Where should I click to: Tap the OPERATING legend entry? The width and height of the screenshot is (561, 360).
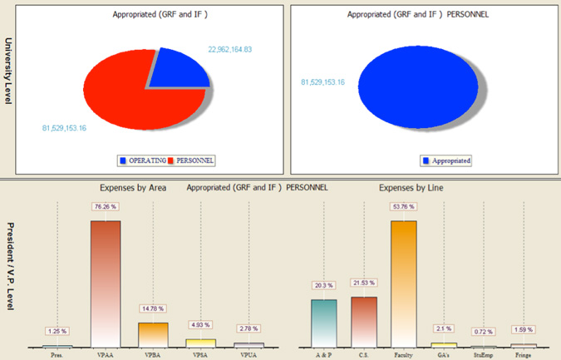(x=143, y=160)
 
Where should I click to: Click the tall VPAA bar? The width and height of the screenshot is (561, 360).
(x=106, y=283)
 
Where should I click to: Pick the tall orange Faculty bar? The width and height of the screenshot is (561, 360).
(x=403, y=283)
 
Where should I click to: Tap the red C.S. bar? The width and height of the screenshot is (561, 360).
(x=363, y=321)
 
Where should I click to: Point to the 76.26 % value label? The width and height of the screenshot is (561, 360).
(x=106, y=207)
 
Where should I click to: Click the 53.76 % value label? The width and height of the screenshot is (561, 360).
(x=403, y=207)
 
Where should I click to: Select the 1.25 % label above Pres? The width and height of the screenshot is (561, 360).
(x=57, y=331)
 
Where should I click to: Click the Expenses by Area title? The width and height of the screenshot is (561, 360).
(x=133, y=188)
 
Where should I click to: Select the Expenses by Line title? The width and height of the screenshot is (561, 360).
(x=411, y=188)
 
